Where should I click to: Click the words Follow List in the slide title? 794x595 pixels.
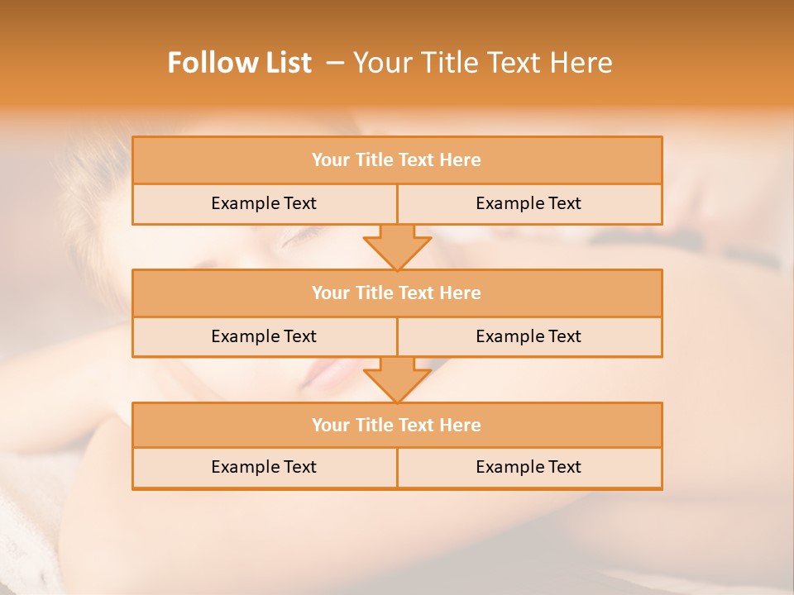[x=239, y=63]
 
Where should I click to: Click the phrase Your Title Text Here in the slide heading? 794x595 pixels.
[x=483, y=63]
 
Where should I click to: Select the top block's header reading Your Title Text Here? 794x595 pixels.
[x=396, y=160]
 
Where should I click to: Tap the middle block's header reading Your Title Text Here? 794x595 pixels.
[x=396, y=293]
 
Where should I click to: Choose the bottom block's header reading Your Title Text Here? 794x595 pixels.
[x=396, y=425]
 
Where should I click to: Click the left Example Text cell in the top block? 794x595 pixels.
[x=264, y=203]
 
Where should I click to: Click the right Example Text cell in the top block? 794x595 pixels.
[x=529, y=203]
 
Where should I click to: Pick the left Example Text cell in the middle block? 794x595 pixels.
[x=264, y=336]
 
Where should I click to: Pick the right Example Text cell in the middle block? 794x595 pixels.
[x=529, y=336]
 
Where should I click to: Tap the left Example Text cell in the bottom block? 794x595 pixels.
[x=264, y=467]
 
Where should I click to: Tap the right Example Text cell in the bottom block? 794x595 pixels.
[x=529, y=467]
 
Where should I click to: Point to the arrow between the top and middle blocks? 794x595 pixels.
[x=397, y=247]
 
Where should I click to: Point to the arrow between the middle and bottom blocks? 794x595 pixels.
[x=397, y=380]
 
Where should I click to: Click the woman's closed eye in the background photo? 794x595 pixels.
[x=298, y=240]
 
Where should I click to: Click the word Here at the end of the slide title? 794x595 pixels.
[x=585, y=63]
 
